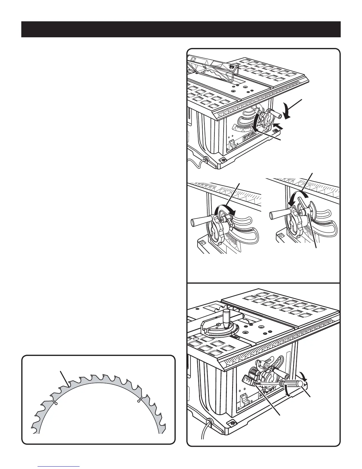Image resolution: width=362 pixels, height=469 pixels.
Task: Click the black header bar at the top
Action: (x=181, y=29)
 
